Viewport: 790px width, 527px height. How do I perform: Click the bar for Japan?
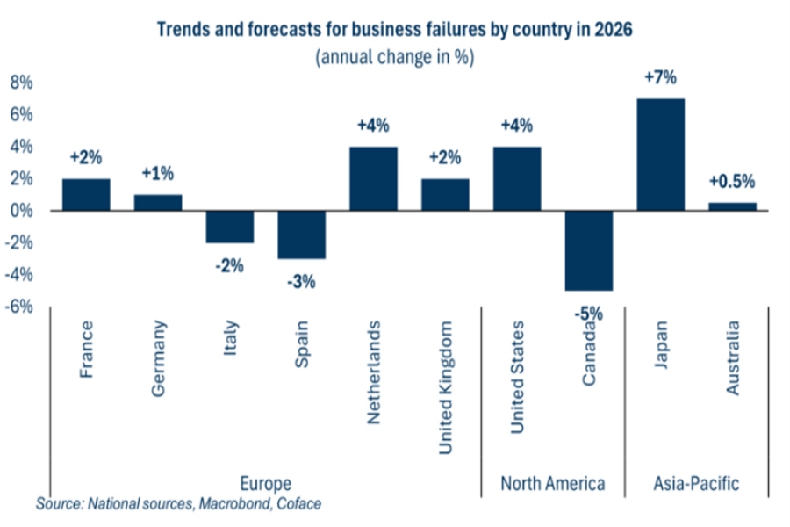660,155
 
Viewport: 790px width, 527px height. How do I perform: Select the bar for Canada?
588,250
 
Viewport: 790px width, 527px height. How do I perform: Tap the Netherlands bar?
373,178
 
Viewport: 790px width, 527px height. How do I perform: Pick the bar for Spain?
301,235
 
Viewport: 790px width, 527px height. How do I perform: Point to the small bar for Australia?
732,206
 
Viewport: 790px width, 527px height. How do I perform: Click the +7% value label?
660,78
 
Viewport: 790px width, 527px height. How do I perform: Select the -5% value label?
588,313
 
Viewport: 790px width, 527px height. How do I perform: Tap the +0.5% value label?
732,183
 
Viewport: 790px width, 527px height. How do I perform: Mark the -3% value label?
301,282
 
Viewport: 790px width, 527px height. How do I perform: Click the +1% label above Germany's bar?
158,174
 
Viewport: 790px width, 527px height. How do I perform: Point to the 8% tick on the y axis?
21,83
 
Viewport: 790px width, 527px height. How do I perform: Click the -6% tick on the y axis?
21,307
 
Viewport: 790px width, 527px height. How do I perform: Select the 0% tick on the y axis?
21,211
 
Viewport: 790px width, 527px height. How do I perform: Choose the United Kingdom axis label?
446,387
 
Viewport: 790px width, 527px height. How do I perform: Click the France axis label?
86,350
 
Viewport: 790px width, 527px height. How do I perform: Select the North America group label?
553,484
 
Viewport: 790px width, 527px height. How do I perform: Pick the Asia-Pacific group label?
697,484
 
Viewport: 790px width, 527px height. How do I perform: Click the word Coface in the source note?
298,504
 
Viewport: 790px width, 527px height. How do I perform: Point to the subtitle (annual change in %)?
394,57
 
